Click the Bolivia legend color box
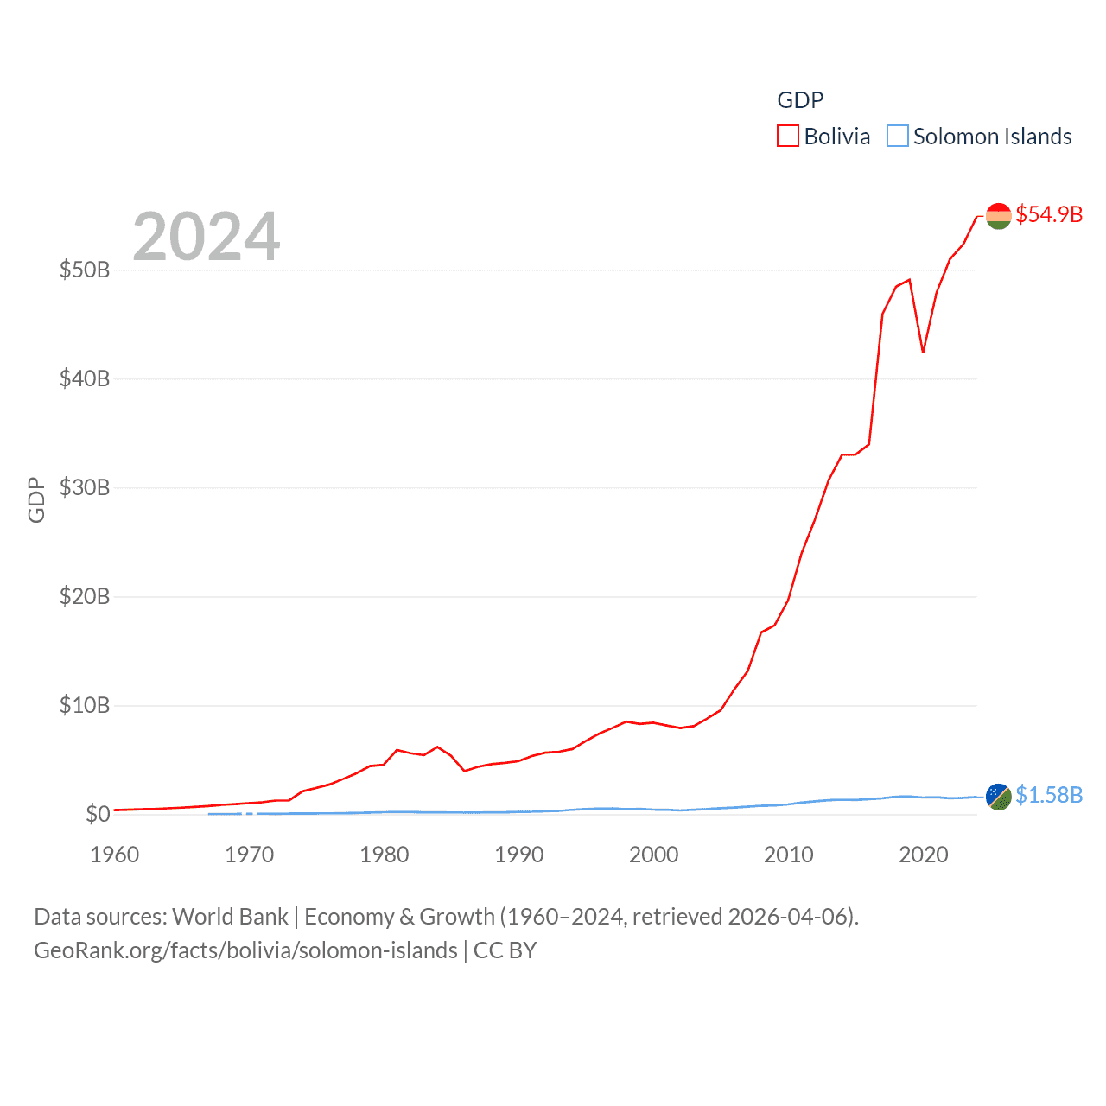[787, 137]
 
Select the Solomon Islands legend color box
[898, 137]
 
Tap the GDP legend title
[800, 100]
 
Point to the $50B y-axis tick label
[85, 270]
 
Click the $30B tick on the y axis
[85, 487]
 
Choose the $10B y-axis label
[85, 705]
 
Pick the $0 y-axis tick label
[98, 814]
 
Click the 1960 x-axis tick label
[115, 855]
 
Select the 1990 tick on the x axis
[519, 855]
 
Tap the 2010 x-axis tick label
[789, 855]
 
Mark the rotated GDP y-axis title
[36, 499]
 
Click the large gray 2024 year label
[206, 236]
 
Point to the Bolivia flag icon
[998, 216]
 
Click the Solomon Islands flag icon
[998, 797]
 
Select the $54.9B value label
[1049, 214]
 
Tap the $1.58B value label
[1049, 795]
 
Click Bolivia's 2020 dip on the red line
[923, 352]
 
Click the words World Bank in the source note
[230, 917]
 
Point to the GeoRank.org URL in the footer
[245, 950]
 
